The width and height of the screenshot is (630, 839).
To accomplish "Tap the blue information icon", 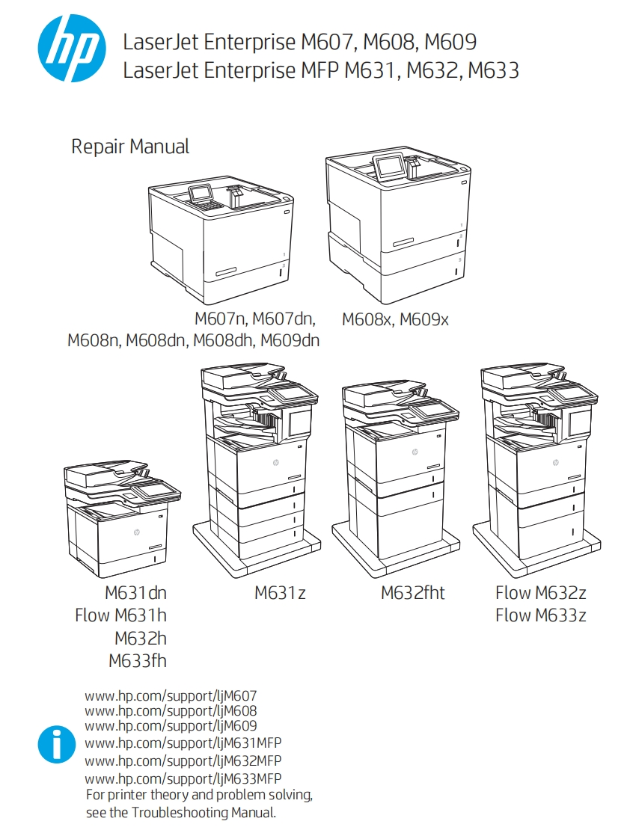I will tap(57, 744).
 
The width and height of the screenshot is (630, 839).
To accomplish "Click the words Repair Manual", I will tap(130, 147).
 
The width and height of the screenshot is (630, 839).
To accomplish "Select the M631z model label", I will tap(280, 593).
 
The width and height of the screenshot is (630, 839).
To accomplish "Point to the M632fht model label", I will tap(412, 593).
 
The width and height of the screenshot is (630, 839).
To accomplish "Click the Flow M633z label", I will tap(540, 615).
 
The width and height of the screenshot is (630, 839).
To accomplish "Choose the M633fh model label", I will tap(138, 660).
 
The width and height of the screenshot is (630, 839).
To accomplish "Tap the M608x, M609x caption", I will tap(395, 319).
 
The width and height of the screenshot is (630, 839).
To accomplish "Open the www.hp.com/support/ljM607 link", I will tap(171, 695).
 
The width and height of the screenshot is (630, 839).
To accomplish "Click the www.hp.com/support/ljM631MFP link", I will tap(183, 743).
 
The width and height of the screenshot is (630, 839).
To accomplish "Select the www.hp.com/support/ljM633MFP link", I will tap(183, 778).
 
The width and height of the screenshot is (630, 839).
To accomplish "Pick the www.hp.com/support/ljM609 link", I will tap(171, 726).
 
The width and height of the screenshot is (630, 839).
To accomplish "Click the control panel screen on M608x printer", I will tap(388, 166).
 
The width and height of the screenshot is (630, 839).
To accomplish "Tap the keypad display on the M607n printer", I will tap(201, 193).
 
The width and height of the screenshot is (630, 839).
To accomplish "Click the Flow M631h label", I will tap(120, 615).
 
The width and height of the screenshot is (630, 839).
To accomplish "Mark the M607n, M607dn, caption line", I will tap(254, 319).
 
